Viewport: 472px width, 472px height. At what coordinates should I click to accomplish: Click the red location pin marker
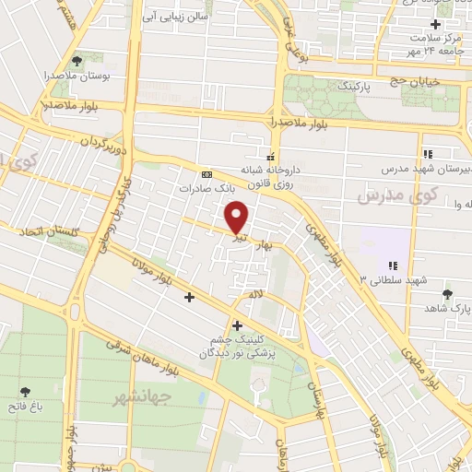click(237, 218)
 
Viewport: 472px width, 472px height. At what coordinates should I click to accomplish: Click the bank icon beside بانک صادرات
click(206, 173)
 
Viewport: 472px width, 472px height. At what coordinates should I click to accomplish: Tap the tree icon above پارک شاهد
click(448, 294)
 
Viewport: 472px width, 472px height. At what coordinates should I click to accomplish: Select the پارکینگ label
click(332, 85)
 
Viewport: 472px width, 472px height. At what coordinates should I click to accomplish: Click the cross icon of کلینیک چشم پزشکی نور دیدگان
click(238, 324)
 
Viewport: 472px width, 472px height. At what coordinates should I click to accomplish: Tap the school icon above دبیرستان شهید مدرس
click(427, 154)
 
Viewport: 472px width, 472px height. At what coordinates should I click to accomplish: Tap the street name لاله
click(251, 292)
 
